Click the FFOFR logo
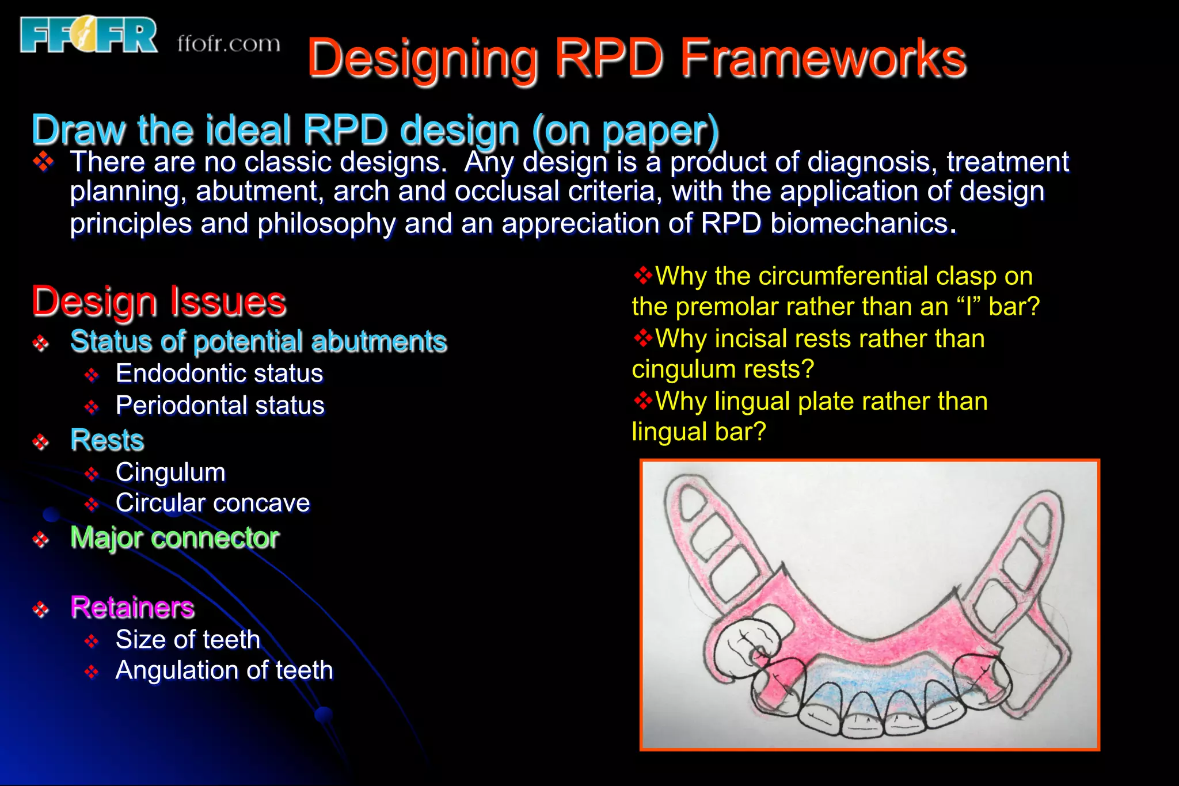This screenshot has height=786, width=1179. (x=88, y=35)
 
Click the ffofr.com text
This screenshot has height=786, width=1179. (x=229, y=44)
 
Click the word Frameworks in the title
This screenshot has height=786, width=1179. (x=823, y=58)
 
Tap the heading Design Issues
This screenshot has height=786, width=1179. (x=159, y=302)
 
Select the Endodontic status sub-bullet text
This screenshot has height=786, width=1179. (x=219, y=373)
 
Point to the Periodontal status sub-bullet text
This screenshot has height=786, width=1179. (x=220, y=406)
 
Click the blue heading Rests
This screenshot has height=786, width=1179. (x=107, y=440)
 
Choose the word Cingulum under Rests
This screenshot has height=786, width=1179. (x=170, y=472)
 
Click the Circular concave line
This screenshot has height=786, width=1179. (x=212, y=503)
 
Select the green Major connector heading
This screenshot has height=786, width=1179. (x=174, y=538)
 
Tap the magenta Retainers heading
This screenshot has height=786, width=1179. (x=132, y=608)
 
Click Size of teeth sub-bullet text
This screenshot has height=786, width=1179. (x=188, y=640)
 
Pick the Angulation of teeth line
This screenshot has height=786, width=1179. (x=224, y=670)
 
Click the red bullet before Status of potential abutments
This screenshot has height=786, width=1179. (x=40, y=344)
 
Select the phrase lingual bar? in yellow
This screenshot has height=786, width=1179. (x=699, y=432)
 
